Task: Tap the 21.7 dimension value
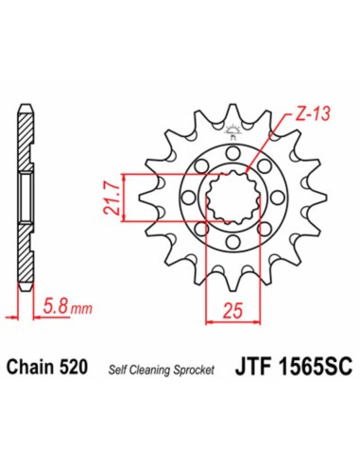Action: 111,197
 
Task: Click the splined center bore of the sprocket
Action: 231,197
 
